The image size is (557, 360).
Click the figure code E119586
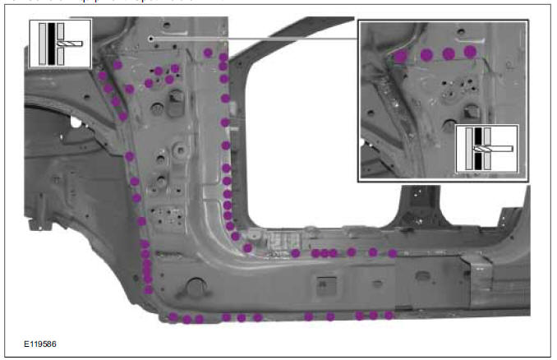(40, 344)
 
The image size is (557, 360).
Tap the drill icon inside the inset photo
(487, 149)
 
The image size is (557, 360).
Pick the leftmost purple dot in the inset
(400, 57)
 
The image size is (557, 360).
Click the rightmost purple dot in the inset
(470, 52)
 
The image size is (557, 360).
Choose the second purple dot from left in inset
(427, 54)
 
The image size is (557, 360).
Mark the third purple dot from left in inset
(449, 53)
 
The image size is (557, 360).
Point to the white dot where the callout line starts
(150, 39)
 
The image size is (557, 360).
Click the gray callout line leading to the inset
(255, 39)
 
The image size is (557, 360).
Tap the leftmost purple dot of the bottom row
(173, 316)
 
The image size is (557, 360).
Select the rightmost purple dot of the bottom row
(389, 315)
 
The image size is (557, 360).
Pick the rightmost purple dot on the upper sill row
(393, 252)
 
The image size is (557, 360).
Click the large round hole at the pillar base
(196, 287)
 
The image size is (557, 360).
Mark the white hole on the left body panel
(76, 122)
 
